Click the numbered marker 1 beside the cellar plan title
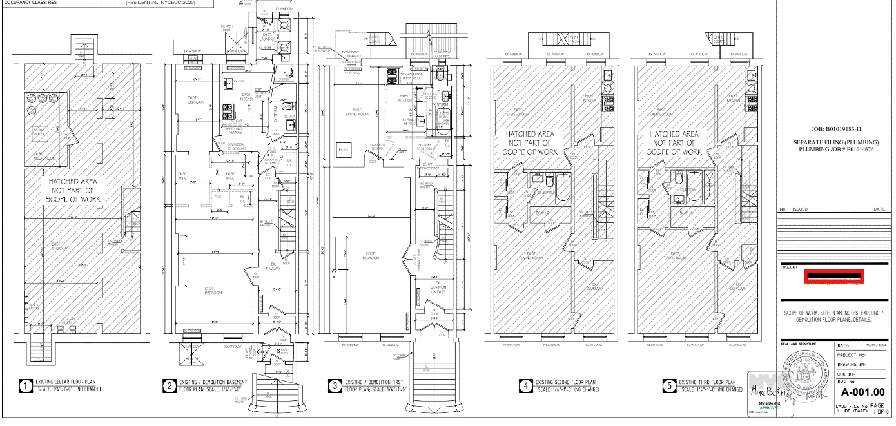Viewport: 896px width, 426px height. click(x=25, y=386)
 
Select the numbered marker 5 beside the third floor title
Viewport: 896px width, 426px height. click(x=670, y=385)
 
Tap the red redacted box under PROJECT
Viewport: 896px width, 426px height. click(x=833, y=276)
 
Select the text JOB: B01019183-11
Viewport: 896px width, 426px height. click(x=834, y=130)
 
